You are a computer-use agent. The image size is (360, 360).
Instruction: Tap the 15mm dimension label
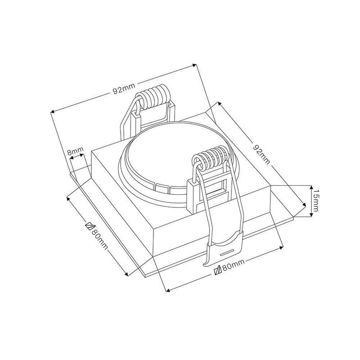pyautogui.click(x=316, y=201)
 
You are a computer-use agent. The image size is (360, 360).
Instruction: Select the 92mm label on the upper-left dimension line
pyautogui.click(x=124, y=88)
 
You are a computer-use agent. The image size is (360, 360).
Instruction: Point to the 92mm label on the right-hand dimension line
pyautogui.click(x=261, y=154)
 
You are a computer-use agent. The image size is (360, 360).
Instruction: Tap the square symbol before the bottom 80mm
pyautogui.click(x=217, y=271)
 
